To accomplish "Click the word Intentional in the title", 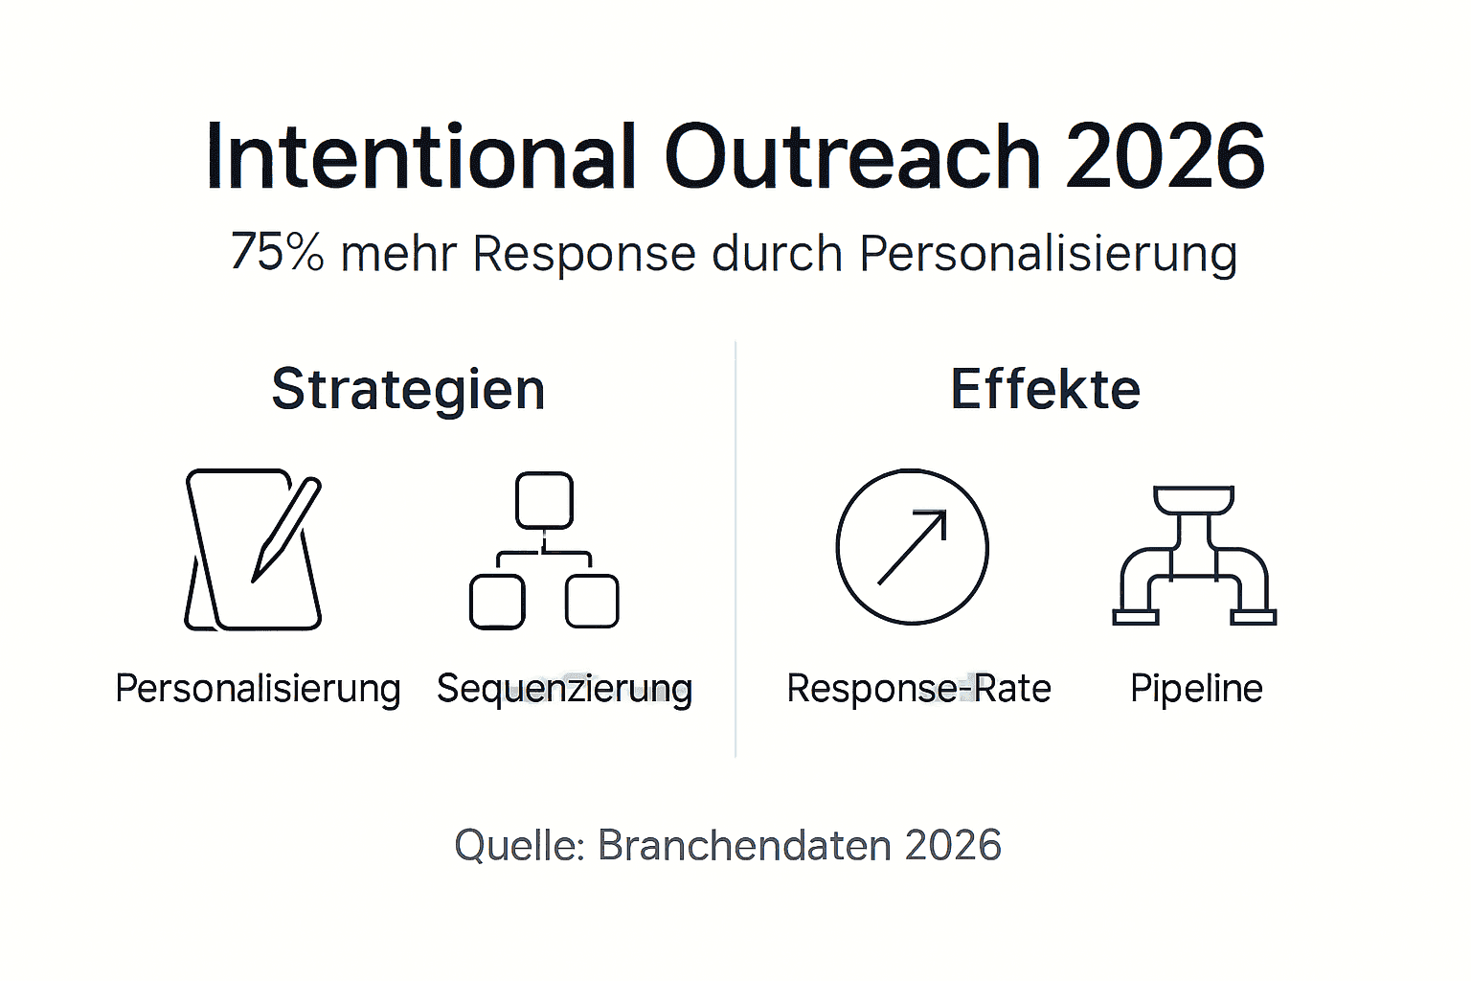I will [420, 156].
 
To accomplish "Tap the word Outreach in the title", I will [851, 156].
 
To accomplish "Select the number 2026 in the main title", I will [1165, 156].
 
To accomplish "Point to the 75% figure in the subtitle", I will [277, 254].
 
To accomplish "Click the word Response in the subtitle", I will [583, 255].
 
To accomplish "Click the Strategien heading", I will [408, 390].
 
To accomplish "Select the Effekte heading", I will [1045, 390].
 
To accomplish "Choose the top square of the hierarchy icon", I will [544, 500].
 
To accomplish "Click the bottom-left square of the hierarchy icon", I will [497, 602].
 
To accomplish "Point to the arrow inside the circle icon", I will [912, 547].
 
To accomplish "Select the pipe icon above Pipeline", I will [1194, 556].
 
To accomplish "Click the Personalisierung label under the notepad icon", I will [258, 689].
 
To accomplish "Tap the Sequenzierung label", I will [564, 689].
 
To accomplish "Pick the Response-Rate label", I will [918, 689].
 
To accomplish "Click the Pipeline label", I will [1196, 689].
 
